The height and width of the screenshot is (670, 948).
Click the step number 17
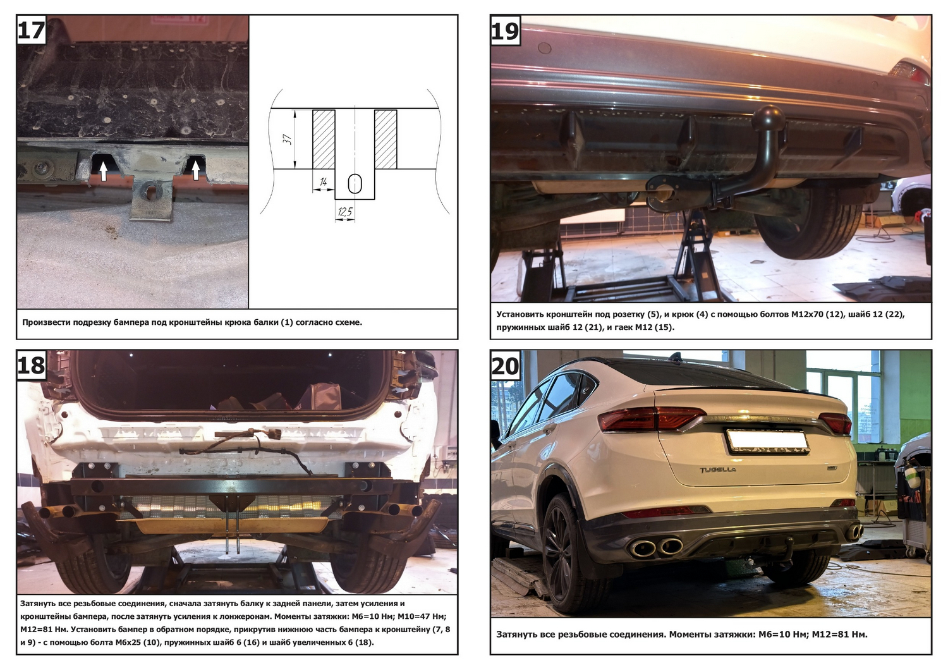(32, 30)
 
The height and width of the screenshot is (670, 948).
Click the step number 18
(32, 365)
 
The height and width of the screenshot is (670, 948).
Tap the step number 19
(506, 31)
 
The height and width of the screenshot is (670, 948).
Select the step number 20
(506, 366)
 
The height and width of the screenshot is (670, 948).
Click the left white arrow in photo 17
(103, 172)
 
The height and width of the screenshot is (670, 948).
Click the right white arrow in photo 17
(195, 171)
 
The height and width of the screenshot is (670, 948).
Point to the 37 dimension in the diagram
(288, 139)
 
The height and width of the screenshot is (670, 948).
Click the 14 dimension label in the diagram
(323, 182)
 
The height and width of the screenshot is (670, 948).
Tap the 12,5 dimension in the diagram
(345, 211)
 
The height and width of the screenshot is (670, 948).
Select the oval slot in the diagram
(355, 184)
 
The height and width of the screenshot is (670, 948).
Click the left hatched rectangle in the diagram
(324, 139)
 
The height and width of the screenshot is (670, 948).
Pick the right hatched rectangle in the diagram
(386, 139)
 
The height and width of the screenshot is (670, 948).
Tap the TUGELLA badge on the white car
(717, 470)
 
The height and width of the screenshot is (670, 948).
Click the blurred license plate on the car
(768, 441)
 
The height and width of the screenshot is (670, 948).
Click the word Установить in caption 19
(520, 315)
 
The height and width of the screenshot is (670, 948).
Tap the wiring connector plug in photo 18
(274, 434)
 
